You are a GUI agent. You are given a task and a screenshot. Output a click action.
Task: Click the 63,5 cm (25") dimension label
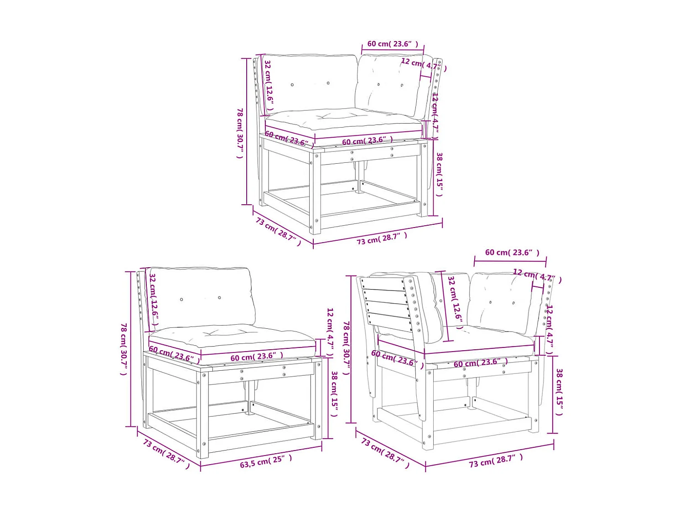[266, 461]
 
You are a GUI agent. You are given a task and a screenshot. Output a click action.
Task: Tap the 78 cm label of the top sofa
[240, 133]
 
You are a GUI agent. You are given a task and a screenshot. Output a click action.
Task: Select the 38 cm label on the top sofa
[439, 174]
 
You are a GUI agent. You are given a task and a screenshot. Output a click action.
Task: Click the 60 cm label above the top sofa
[392, 44]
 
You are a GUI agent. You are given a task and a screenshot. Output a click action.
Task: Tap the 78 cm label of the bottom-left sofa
[124, 349]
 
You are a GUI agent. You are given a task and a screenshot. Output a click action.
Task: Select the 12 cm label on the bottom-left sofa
[330, 332]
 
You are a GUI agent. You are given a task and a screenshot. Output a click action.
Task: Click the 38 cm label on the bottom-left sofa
[334, 394]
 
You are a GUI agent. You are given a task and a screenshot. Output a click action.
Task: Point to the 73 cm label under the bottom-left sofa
[166, 454]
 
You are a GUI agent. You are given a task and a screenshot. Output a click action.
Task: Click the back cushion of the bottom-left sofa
[201, 296]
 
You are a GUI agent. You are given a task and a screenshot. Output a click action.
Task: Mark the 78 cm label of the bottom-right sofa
[346, 348]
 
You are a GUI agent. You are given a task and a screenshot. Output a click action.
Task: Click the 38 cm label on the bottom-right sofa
[559, 392]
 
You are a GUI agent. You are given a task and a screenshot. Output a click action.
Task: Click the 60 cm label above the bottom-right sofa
[512, 252]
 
